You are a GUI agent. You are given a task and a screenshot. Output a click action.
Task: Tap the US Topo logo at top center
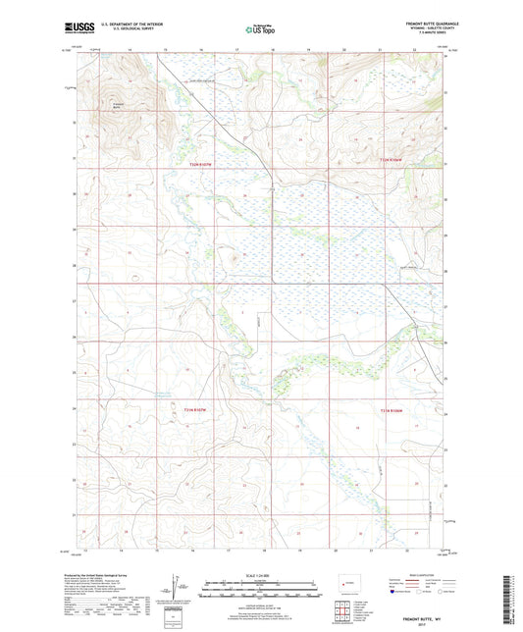click(x=260, y=30)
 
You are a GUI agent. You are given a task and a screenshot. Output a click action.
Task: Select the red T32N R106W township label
click(x=392, y=159)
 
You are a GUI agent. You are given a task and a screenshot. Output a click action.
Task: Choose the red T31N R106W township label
click(x=390, y=410)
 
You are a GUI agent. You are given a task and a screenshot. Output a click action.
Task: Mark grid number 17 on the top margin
click(x=236, y=47)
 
